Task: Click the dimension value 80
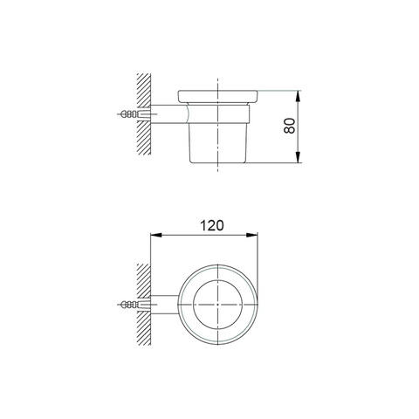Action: [x=289, y=126]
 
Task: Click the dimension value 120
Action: [x=212, y=225]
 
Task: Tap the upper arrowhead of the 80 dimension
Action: [x=298, y=96]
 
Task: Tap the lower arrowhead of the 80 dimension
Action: [x=298, y=157]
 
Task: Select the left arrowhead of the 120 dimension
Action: [x=155, y=235]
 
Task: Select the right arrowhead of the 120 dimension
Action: [x=252, y=235]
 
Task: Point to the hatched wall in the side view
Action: [x=144, y=114]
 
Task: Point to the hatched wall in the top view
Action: [x=144, y=305]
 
